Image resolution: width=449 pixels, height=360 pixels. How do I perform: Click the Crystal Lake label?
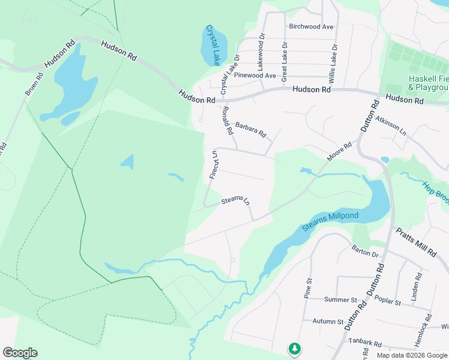coord(214,45)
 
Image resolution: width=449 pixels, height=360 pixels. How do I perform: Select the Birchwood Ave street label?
coord(311,27)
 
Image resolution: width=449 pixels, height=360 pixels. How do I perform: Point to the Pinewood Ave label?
coord(255,76)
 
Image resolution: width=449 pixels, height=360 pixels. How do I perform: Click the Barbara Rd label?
coord(250,129)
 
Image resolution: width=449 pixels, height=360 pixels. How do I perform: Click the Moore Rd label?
coord(339,151)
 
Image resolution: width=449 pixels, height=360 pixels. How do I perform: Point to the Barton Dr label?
coord(366,254)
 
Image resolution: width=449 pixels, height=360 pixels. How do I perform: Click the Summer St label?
coord(340,299)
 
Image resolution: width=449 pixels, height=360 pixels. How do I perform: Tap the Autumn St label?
coord(327,322)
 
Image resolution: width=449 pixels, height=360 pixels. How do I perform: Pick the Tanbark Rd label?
coord(365,344)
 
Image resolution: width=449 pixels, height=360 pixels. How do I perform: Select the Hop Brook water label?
coord(435,196)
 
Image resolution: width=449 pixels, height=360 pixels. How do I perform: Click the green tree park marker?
coord(294,349)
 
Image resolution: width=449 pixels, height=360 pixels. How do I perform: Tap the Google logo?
coord(20,353)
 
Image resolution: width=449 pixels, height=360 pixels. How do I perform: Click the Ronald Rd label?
coord(227,119)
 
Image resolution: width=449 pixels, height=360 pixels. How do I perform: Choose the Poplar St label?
coord(387,301)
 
